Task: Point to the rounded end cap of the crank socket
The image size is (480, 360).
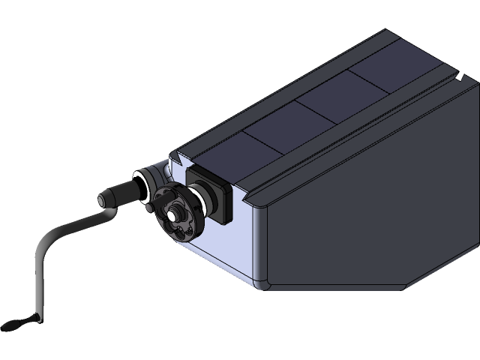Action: pyautogui.click(x=103, y=201)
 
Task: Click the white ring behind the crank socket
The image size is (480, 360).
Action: pyautogui.click(x=140, y=185)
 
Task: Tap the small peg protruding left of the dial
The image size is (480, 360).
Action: pyautogui.click(x=152, y=204)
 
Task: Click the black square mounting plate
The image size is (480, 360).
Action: pyautogui.click(x=214, y=193)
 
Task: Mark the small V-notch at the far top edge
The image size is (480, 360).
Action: pyautogui.click(x=457, y=76)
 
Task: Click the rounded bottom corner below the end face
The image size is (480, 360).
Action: pyautogui.click(x=262, y=284)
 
